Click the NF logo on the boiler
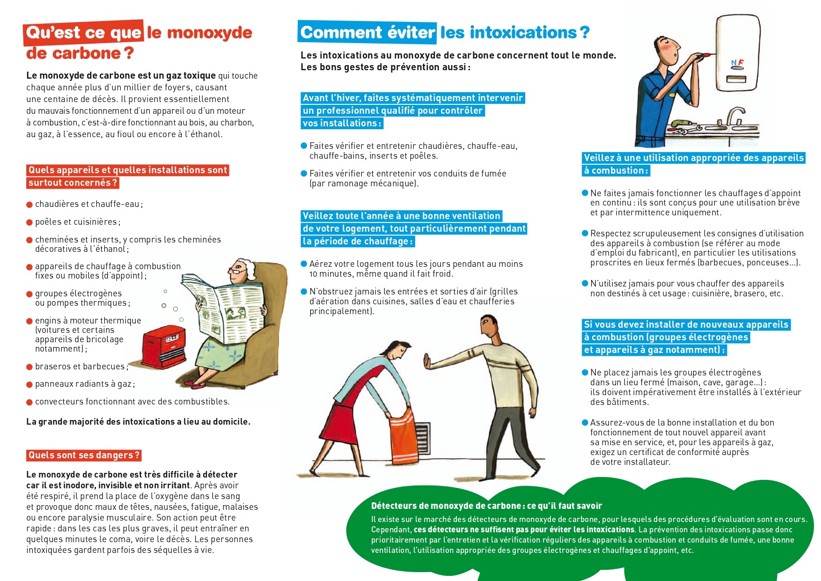[x=737, y=63]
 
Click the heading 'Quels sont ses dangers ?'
[x=84, y=455]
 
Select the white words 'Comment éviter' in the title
[x=367, y=32]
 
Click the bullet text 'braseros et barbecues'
[x=80, y=367]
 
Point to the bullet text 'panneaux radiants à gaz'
[x=84, y=384]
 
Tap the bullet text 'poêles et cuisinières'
[x=77, y=222]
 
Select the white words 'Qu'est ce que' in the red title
[x=84, y=33]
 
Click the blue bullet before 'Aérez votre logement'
[x=304, y=264]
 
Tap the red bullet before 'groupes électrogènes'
[x=29, y=294]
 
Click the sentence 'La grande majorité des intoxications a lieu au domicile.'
[x=138, y=422]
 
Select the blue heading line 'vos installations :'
[x=342, y=124]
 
